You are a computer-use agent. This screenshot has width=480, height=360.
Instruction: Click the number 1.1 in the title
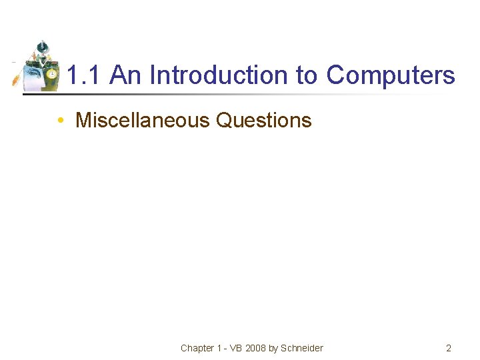coord(85,75)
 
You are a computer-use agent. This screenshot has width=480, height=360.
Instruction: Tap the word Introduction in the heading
coord(220,75)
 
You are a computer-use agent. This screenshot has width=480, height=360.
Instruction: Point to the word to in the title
coord(307,76)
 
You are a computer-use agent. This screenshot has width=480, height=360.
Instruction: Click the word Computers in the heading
coord(391,76)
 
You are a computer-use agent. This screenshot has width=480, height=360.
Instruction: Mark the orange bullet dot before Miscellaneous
coord(60,121)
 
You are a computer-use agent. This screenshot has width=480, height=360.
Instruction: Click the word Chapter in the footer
coord(197,348)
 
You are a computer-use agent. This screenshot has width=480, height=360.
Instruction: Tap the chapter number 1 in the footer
coord(219,348)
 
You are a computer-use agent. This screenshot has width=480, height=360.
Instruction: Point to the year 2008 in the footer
coord(257,348)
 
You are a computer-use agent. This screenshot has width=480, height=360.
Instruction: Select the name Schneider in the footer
coord(302,348)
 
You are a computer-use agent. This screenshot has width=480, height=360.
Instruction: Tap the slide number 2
coord(449,348)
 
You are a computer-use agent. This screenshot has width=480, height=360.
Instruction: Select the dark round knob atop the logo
coord(41,45)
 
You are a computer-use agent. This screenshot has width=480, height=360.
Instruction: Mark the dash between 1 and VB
coord(226,348)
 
